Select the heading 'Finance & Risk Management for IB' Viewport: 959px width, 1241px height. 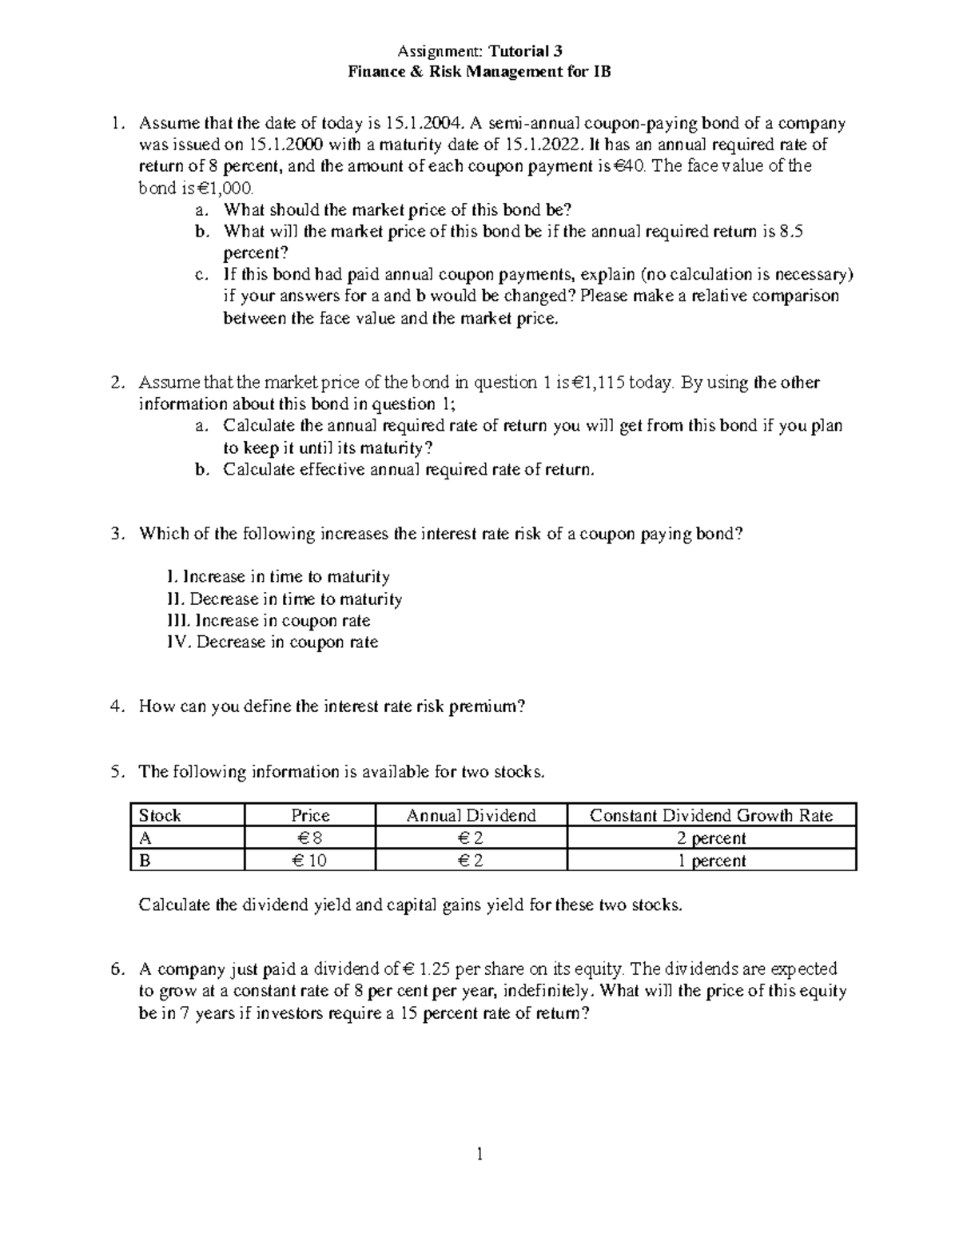[x=479, y=72]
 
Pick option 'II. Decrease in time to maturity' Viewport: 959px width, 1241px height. [x=285, y=599]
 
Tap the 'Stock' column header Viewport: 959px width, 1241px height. [x=160, y=815]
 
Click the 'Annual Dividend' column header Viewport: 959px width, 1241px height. [x=471, y=815]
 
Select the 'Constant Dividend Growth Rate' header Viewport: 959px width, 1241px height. [x=710, y=815]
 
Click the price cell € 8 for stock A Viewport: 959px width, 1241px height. [x=310, y=838]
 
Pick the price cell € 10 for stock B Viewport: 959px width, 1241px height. [x=310, y=861]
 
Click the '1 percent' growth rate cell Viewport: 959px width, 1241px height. [x=710, y=861]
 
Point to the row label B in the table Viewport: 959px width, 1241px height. [x=145, y=861]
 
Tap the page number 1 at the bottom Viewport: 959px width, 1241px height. [x=479, y=1153]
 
